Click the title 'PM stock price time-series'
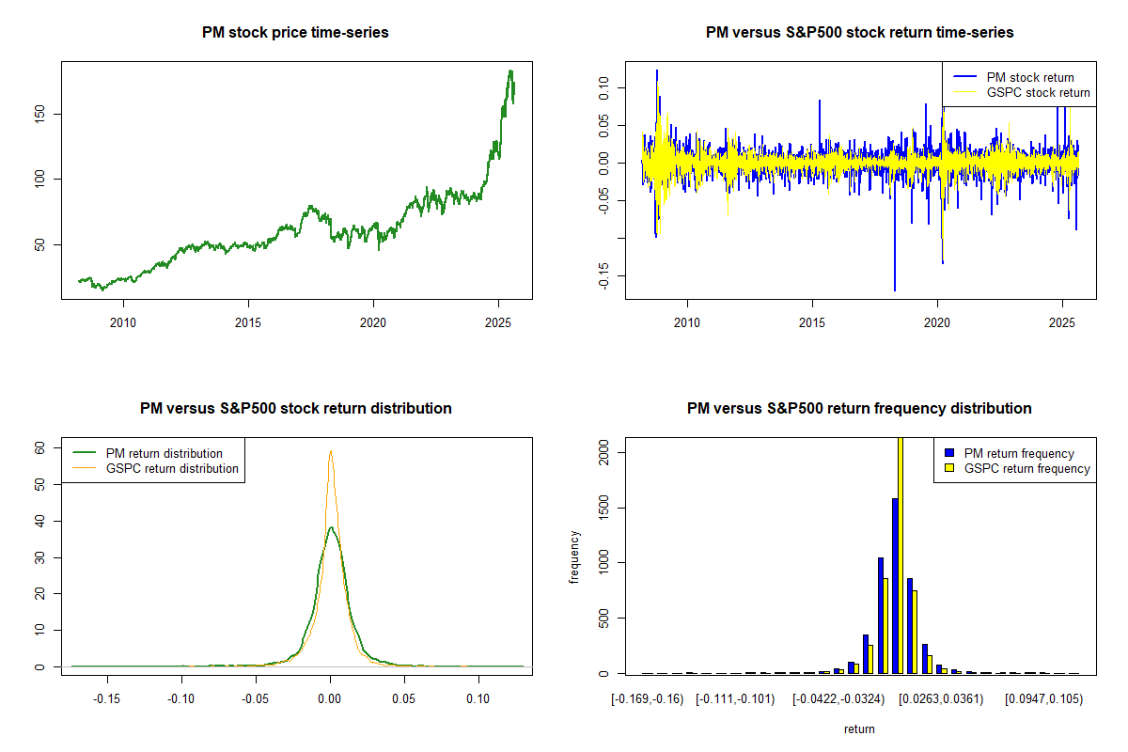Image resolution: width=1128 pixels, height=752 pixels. [x=295, y=33]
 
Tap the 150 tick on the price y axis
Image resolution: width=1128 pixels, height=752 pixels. [x=40, y=114]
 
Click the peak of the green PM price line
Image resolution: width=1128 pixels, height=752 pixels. [x=510, y=70]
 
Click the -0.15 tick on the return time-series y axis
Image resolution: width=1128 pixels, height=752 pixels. [x=604, y=275]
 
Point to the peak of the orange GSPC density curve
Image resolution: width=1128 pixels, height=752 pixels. [x=330, y=451]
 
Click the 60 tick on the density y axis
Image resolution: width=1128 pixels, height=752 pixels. [x=40, y=448]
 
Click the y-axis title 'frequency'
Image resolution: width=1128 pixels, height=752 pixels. [x=575, y=556]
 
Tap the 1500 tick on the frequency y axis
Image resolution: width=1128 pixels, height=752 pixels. [x=604, y=508]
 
